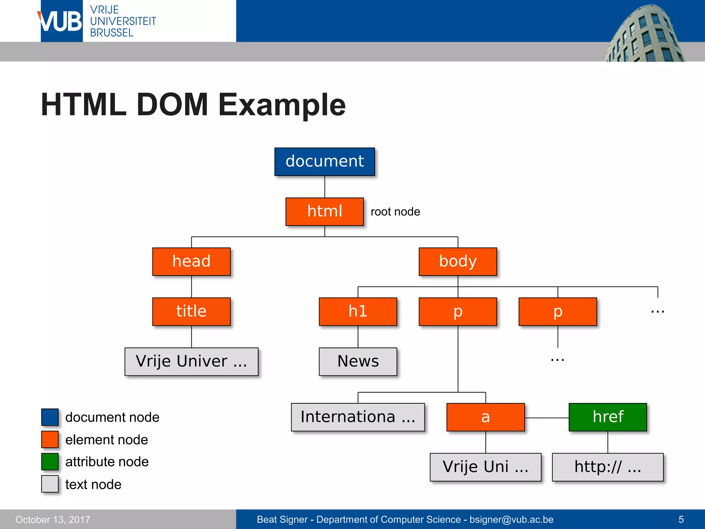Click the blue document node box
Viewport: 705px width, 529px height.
coord(325,162)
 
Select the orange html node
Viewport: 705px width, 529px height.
coord(325,211)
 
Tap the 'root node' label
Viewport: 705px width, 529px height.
coord(395,211)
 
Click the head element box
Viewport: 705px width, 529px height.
coord(191,261)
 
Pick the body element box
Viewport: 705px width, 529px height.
coord(458,261)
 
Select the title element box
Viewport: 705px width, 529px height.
coord(191,311)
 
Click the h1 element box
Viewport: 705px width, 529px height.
coord(358,311)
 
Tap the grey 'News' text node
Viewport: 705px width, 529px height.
coord(358,361)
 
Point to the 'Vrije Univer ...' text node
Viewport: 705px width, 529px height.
coord(191,361)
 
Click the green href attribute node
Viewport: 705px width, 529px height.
coord(608,417)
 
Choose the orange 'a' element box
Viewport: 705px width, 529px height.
coord(485,417)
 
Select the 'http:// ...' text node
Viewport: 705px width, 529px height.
coord(608,467)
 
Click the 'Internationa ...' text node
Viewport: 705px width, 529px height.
coord(358,417)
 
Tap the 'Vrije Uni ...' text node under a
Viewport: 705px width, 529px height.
coord(485,467)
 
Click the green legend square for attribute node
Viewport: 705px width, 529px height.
coord(50,462)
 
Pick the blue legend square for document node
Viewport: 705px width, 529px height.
coord(50,417)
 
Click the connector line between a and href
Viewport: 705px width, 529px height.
coord(547,418)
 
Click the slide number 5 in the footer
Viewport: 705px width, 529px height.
coord(681,519)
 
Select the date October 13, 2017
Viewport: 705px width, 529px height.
coord(53,519)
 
